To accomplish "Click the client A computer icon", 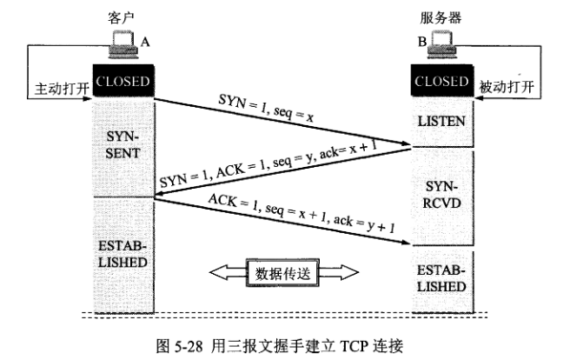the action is click(x=124, y=44).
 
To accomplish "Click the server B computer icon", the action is click(x=441, y=44).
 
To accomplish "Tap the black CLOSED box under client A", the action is click(x=123, y=81).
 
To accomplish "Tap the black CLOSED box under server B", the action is click(x=442, y=81).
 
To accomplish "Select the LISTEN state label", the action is click(x=441, y=122).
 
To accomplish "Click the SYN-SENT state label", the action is click(x=123, y=144).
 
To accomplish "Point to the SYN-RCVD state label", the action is click(x=441, y=195).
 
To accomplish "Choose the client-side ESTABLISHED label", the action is click(x=123, y=254).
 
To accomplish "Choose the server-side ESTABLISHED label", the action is click(x=441, y=278).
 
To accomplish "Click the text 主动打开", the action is click(x=62, y=89).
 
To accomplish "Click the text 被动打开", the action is click(x=507, y=87).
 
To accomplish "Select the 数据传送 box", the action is click(x=282, y=273).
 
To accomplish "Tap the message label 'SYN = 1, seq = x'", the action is click(x=266, y=108).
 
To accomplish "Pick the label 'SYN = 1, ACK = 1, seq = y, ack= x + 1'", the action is click(x=268, y=163).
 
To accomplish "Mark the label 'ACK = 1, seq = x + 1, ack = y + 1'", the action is click(x=302, y=213).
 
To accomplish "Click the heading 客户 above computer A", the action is click(x=121, y=17).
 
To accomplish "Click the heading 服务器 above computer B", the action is click(x=441, y=17).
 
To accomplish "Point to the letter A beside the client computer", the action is click(x=145, y=43).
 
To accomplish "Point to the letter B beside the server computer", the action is click(x=422, y=42).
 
